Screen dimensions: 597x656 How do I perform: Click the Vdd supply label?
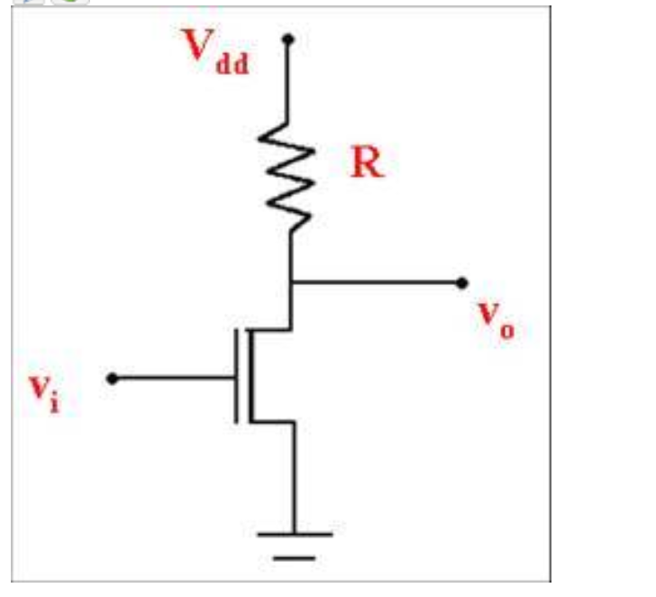pyautogui.click(x=216, y=52)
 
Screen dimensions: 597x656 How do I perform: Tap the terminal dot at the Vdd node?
pyautogui.click(x=288, y=40)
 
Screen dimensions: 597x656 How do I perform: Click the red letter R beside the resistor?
pyautogui.click(x=366, y=163)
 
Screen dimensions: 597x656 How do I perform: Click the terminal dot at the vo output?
pyautogui.click(x=462, y=282)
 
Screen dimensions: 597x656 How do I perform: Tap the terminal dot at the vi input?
pyautogui.click(x=112, y=379)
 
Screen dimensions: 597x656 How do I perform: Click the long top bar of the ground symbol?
pyautogui.click(x=294, y=534)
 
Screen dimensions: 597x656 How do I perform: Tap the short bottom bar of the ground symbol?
pyautogui.click(x=294, y=557)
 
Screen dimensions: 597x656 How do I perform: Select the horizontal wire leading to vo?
pyautogui.click(x=378, y=282)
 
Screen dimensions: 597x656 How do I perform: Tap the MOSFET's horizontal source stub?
pyautogui.click(x=270, y=420)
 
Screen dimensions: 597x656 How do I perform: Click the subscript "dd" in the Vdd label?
pyautogui.click(x=233, y=65)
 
